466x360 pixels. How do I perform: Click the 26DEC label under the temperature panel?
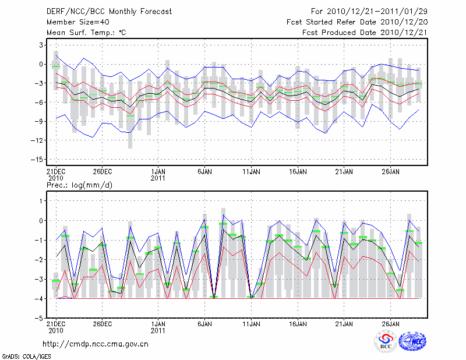(x=102, y=172)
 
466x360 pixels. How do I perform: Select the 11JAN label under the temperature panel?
(x=252, y=172)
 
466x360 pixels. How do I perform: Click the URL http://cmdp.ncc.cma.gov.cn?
(x=96, y=344)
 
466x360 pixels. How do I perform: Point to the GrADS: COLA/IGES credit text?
(x=22, y=355)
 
